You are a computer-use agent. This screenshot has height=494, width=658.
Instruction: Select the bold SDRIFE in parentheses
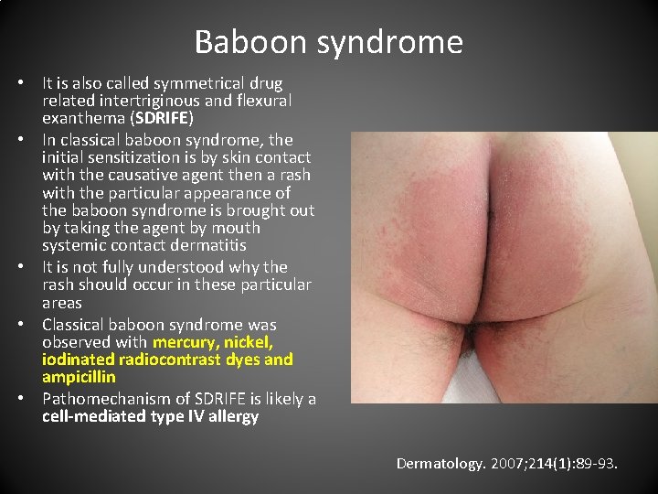158,118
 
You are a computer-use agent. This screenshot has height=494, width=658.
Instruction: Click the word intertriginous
167,101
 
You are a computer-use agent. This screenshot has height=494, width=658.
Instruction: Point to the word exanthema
81,118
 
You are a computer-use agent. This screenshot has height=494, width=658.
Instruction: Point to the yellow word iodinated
78,360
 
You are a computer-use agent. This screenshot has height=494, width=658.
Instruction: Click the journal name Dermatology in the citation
439,464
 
